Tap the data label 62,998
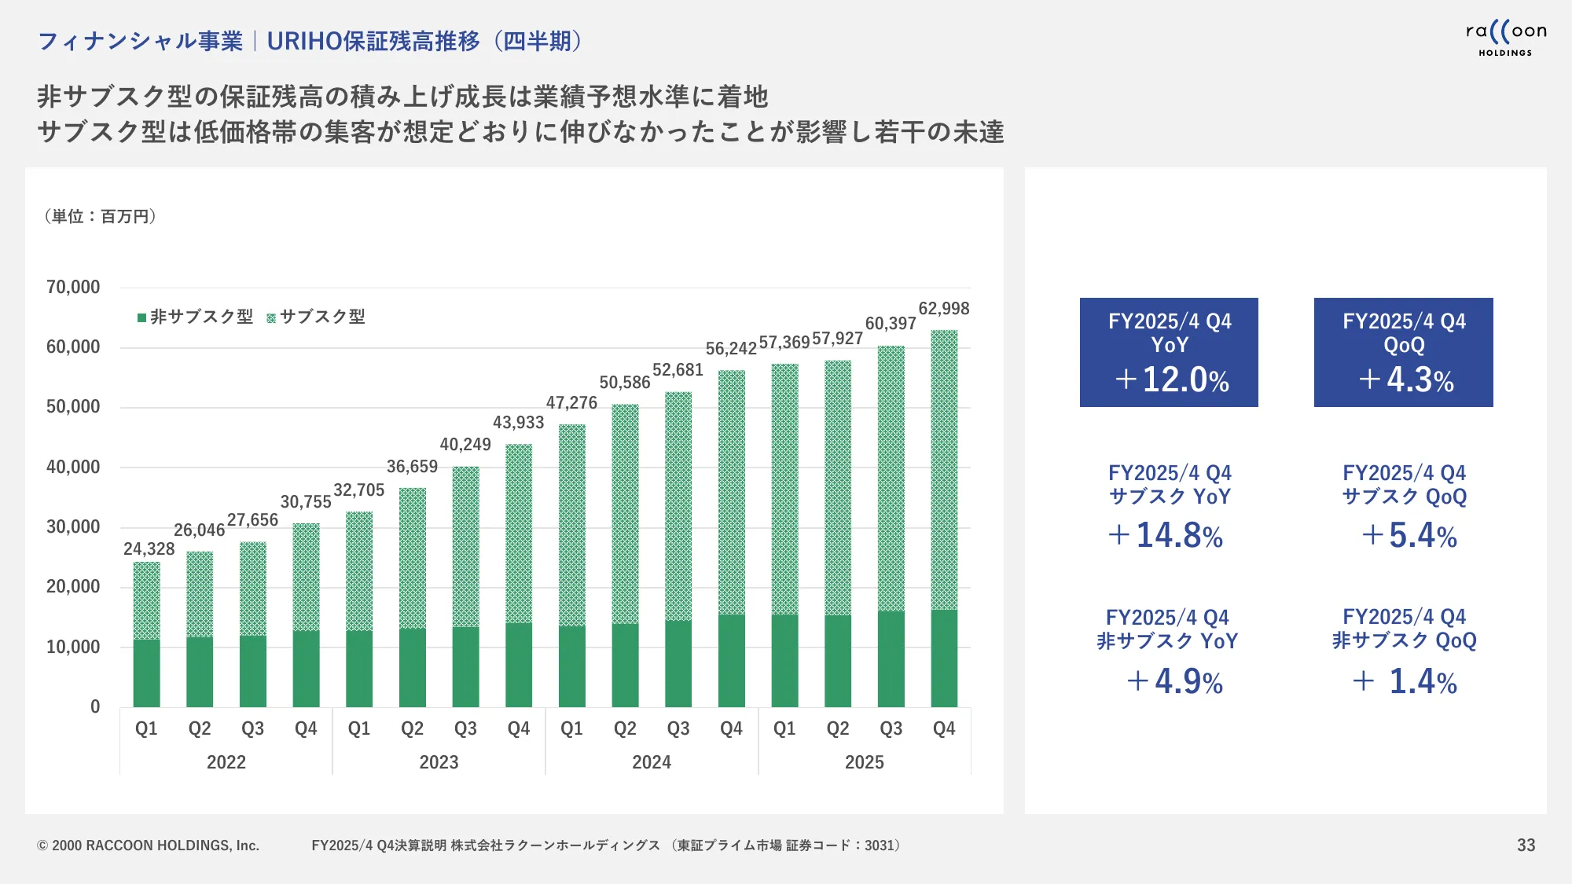[x=943, y=309]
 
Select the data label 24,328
[x=149, y=549]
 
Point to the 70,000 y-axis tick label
[x=73, y=288]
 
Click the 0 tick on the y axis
[x=95, y=706]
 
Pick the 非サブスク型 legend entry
[x=195, y=317]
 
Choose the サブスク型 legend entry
[x=316, y=317]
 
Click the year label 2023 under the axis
[x=439, y=762]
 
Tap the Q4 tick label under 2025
[x=943, y=728]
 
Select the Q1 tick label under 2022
[x=146, y=728]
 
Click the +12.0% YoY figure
[x=1171, y=380]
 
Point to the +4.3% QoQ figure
[x=1406, y=380]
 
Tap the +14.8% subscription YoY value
[x=1166, y=536]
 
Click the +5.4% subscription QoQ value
[x=1409, y=536]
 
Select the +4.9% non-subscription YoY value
[x=1175, y=681]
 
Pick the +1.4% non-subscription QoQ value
[x=1405, y=681]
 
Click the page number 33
[x=1526, y=845]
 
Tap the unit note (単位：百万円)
[x=101, y=216]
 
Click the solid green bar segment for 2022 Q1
[x=146, y=673]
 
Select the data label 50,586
[x=624, y=383]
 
